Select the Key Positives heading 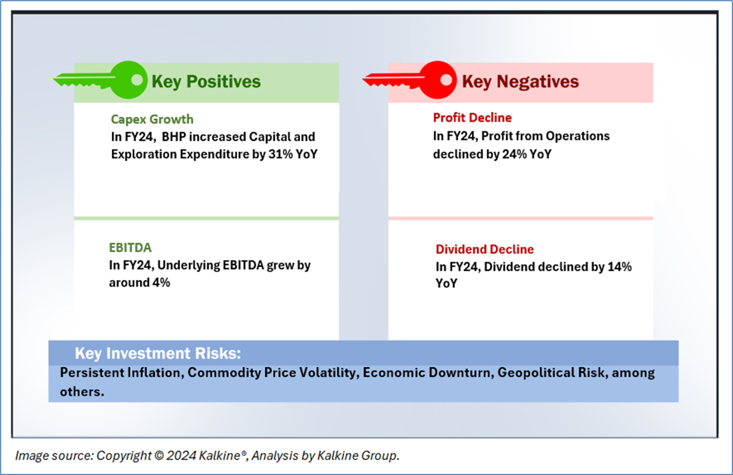[x=206, y=82]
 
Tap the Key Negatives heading [x=520, y=82]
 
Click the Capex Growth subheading [x=152, y=119]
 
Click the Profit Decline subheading [x=472, y=118]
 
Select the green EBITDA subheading [x=130, y=248]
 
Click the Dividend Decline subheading [x=485, y=249]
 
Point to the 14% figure [x=620, y=267]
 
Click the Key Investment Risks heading [x=158, y=353]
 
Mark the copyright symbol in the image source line [x=158, y=456]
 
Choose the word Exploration [x=144, y=154]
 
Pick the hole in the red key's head [x=446, y=80]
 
